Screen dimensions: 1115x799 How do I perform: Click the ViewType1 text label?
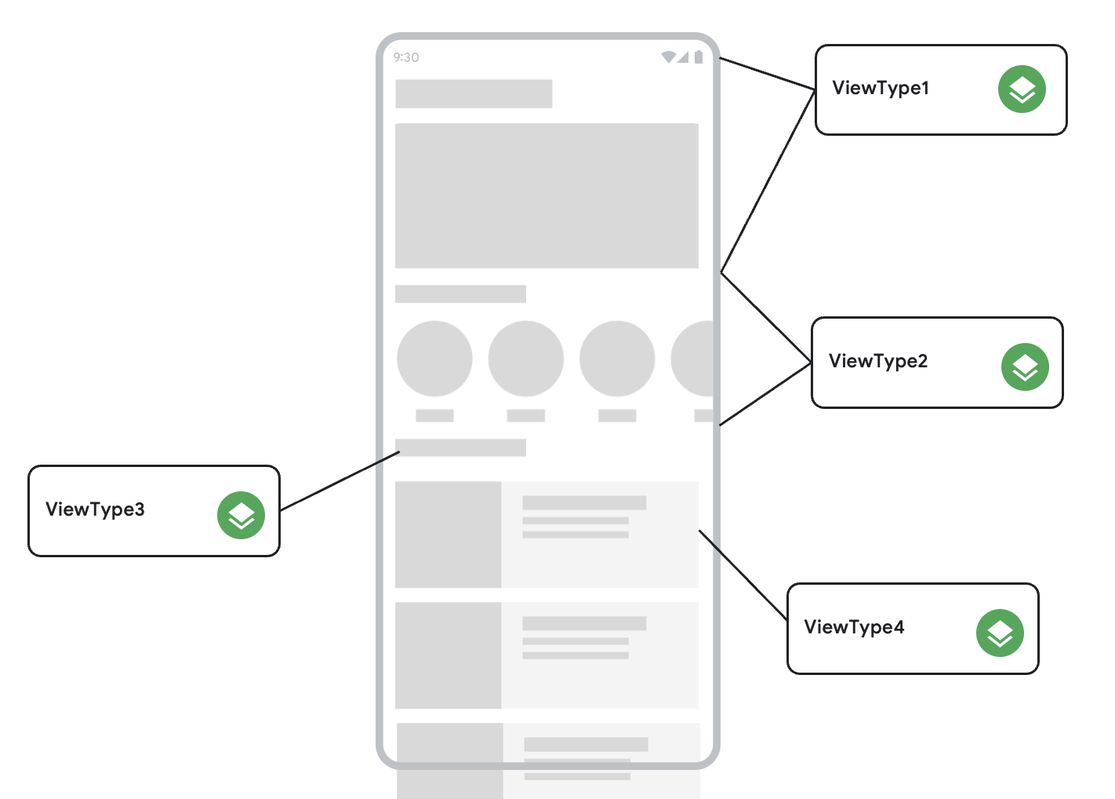click(x=881, y=88)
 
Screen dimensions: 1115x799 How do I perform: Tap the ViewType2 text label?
click(x=878, y=361)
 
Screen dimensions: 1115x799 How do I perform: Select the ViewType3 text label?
click(x=95, y=509)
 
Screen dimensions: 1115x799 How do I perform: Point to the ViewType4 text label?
click(x=854, y=627)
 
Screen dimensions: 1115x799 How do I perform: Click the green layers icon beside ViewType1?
click(x=1022, y=89)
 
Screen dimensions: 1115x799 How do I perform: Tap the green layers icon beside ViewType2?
click(x=1025, y=367)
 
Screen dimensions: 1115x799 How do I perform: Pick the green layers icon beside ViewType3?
click(x=241, y=516)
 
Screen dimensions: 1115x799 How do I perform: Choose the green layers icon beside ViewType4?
click(x=1000, y=633)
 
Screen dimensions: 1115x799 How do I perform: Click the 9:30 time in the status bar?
click(x=406, y=57)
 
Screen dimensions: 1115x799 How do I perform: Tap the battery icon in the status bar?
click(x=698, y=57)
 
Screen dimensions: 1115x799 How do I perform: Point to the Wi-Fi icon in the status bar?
click(x=668, y=57)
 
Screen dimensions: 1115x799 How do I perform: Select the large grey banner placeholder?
click(x=547, y=195)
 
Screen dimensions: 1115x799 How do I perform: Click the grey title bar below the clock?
click(x=474, y=93)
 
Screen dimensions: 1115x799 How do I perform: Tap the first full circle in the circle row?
click(x=434, y=359)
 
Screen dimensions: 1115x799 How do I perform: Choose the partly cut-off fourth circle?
click(x=694, y=359)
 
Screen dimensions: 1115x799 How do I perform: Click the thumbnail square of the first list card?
click(x=448, y=534)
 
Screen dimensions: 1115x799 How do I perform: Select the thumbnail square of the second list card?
click(x=448, y=655)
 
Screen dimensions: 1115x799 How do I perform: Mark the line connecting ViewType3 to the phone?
click(x=340, y=481)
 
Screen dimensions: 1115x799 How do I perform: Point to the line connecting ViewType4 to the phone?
click(x=743, y=575)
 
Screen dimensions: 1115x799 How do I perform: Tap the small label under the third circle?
click(x=617, y=415)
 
